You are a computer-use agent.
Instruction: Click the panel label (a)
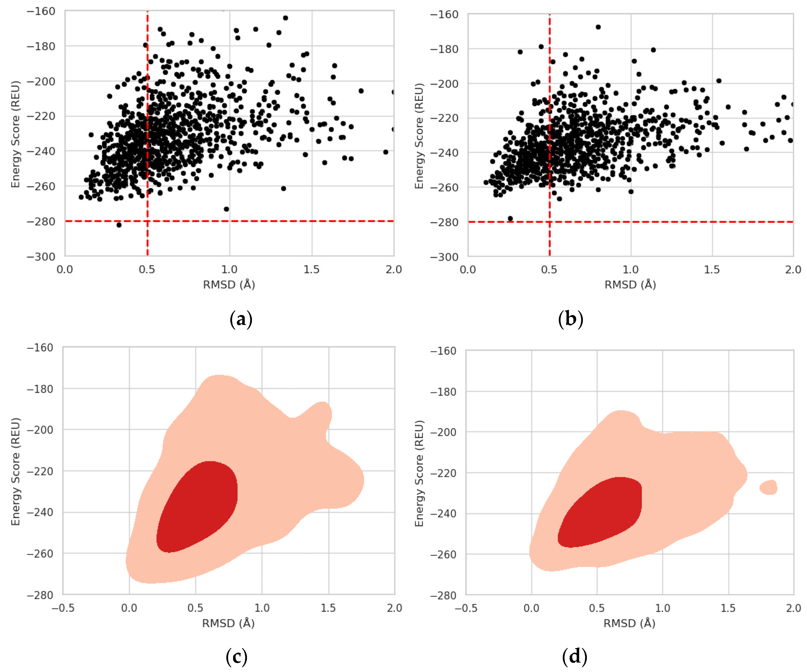241,319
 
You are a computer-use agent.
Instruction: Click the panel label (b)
571,319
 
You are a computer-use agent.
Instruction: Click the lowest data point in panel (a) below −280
119,225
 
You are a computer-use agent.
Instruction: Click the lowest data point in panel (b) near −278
510,219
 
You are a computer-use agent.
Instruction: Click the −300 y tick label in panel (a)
41,256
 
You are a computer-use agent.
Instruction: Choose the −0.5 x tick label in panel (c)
63,608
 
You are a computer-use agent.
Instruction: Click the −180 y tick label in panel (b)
444,49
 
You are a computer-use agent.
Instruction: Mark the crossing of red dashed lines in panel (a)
148,221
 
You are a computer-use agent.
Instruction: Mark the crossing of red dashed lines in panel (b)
550,222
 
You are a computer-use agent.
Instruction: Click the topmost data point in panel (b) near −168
598,27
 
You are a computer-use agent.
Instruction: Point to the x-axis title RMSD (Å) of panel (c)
229,623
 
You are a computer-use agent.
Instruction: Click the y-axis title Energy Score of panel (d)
419,473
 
